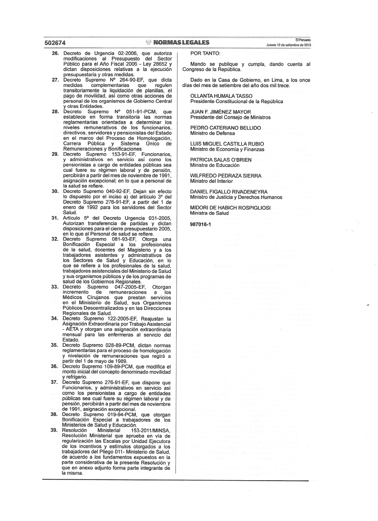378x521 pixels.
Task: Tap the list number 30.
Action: pos(56,191)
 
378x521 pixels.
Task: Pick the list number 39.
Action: pos(56,430)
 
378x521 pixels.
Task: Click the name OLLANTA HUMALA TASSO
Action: pos(221,96)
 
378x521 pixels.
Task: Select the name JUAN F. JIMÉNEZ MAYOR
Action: pos(221,112)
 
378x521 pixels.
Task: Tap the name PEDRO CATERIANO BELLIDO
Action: pos(225,128)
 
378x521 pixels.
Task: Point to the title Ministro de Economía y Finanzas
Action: pos(227,149)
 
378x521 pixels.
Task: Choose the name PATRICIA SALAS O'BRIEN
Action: pos(221,160)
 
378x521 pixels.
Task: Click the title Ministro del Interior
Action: pos(211,181)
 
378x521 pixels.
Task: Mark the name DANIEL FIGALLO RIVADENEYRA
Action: pos(229,192)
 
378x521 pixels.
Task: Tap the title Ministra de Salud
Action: pos(209,213)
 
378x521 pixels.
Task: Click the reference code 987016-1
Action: pos(201,224)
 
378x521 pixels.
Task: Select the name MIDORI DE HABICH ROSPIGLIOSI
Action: pos(230,208)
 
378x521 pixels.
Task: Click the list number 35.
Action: pos(56,345)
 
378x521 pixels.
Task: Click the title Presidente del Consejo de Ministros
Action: pos(230,117)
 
